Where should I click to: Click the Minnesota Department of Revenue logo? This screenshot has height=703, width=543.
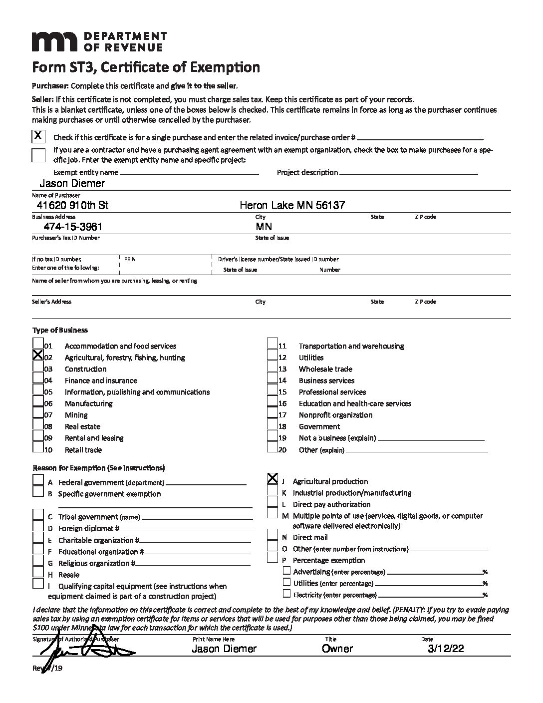click(99, 41)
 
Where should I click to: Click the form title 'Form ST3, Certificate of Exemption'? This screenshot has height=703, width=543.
click(146, 67)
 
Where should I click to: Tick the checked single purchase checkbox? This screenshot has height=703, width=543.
click(38, 136)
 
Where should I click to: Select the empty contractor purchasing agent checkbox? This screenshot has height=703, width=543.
click(38, 155)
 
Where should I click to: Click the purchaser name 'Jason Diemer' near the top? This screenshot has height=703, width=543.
click(72, 183)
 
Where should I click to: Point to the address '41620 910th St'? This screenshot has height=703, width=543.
click(72, 205)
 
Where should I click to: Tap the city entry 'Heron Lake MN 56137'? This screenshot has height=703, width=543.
click(292, 205)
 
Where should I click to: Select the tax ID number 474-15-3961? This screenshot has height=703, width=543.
click(73, 226)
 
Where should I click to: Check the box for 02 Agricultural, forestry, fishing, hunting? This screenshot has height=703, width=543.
click(38, 355)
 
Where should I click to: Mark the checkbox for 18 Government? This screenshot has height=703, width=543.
click(272, 425)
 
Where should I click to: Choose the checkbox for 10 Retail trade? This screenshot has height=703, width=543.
click(38, 447)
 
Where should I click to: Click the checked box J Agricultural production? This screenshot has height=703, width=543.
click(272, 478)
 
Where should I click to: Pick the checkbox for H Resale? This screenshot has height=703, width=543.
click(38, 572)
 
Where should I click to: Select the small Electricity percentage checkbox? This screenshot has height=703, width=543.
click(286, 594)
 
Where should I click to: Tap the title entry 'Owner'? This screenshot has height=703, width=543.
click(337, 649)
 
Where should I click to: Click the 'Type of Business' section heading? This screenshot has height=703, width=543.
click(60, 330)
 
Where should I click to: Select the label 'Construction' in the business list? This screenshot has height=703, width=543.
click(85, 369)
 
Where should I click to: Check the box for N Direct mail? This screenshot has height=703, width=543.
click(272, 535)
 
